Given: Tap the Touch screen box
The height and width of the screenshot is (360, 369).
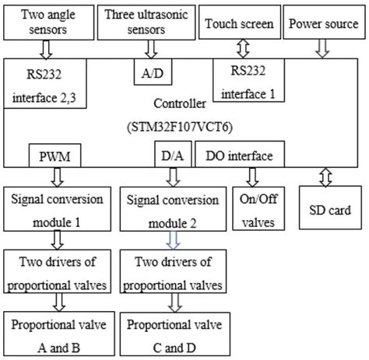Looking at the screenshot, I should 239,24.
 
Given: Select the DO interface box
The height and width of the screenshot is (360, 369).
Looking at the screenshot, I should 240,156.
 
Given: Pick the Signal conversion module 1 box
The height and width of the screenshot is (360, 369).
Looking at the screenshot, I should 57,207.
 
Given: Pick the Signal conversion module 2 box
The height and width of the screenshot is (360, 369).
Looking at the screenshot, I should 174,207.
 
